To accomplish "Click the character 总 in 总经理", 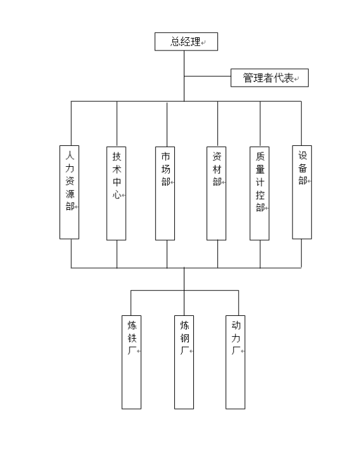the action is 175,42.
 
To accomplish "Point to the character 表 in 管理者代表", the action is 289,78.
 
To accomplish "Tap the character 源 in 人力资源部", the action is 69,194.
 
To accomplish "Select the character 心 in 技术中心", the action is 117,195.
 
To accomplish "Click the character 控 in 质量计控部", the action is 260,195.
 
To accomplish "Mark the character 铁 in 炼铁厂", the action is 132,338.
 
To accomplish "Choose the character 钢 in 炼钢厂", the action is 184,338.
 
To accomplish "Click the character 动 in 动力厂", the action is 236,325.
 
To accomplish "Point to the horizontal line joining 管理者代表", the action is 207,76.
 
